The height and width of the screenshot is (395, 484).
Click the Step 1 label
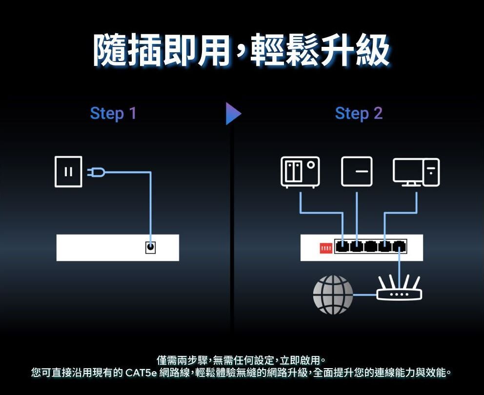(x=113, y=113)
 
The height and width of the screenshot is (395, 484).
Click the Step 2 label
(x=359, y=113)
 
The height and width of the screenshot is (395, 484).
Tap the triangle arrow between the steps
(x=233, y=113)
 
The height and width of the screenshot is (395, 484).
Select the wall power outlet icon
(x=69, y=171)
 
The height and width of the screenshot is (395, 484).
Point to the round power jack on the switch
(x=151, y=248)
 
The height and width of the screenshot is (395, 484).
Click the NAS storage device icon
(x=300, y=172)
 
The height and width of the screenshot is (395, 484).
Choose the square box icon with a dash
(x=357, y=172)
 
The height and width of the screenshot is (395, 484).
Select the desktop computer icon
(x=416, y=172)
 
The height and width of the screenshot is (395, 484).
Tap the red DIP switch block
(x=325, y=249)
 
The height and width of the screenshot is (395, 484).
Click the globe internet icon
(x=333, y=294)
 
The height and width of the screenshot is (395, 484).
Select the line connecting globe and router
(x=364, y=295)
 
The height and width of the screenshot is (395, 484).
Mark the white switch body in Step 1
(x=98, y=248)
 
